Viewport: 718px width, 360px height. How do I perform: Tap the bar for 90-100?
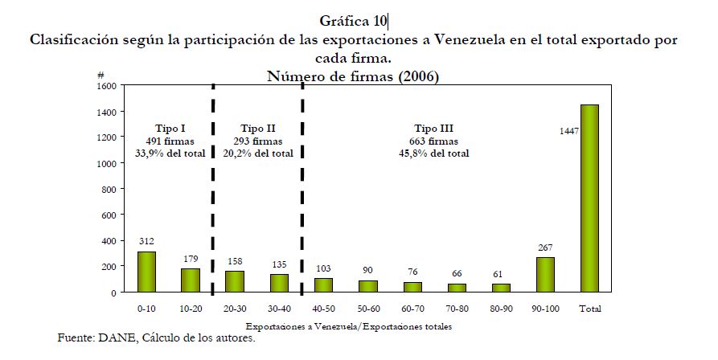tap(545, 274)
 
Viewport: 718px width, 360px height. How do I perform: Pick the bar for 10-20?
tap(191, 280)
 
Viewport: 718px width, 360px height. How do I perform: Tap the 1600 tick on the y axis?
tap(107, 85)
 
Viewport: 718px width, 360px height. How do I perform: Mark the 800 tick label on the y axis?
tap(109, 189)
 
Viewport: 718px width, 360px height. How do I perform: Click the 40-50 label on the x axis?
tap(324, 308)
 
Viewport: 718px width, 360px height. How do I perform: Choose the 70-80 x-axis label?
tap(457, 308)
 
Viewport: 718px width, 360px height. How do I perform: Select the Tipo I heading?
tap(170, 129)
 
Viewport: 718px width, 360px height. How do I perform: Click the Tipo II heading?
tap(257, 129)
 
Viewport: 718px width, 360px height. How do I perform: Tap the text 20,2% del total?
tap(257, 153)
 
